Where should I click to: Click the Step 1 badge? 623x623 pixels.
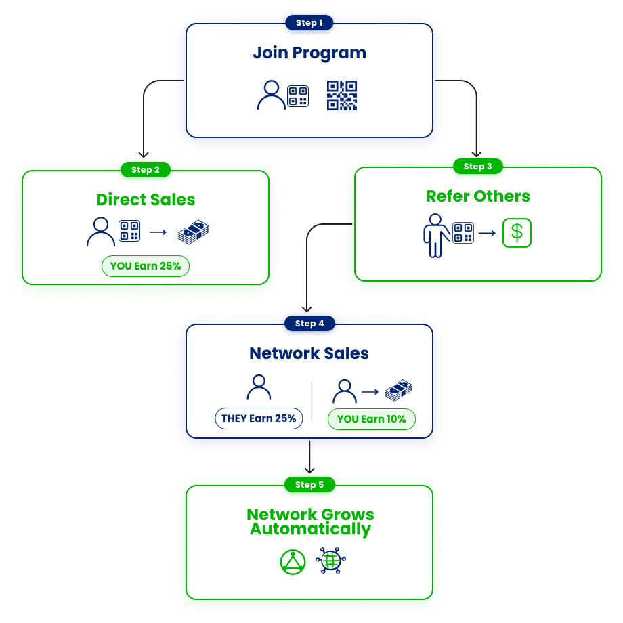pos(309,23)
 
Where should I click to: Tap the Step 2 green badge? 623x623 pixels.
pos(145,169)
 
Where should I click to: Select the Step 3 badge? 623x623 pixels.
pos(478,167)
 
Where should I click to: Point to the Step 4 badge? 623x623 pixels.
pos(309,324)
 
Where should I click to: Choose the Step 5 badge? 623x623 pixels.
pos(309,485)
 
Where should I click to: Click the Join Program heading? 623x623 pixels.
pos(309,53)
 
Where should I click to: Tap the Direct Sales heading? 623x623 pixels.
pos(146,200)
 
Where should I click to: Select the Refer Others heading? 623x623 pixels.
pos(478,196)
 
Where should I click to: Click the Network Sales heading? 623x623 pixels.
pos(309,353)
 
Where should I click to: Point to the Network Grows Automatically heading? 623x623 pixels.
pos(309,521)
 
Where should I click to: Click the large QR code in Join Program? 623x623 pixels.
pos(342,95)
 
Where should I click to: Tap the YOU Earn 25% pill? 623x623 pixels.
pos(146,266)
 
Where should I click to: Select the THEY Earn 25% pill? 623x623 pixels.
pos(259,418)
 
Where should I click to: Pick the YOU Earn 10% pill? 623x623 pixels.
pos(371,419)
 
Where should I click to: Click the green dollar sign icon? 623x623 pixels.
pos(517,233)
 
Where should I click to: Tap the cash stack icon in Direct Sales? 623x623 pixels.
pos(194,232)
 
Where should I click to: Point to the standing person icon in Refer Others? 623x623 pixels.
pos(434,236)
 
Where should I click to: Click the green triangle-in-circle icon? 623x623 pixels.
pos(293,562)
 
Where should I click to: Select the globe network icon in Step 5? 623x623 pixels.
pos(331,561)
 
